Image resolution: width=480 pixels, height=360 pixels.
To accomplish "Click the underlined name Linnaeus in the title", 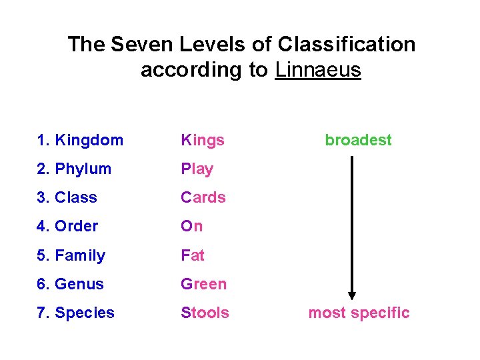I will (x=317, y=70).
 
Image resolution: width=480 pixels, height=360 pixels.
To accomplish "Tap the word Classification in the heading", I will (x=347, y=45).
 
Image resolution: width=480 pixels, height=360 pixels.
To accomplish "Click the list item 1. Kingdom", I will (x=81, y=140).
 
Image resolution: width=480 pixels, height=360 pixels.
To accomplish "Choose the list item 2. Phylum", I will (x=75, y=169).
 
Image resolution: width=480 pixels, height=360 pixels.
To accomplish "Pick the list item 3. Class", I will (x=67, y=197).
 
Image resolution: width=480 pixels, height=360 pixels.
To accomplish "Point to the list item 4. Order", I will (x=68, y=226).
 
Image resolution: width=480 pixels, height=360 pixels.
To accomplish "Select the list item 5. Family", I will (x=71, y=255).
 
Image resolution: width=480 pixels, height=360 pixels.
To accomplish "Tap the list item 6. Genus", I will (x=71, y=284).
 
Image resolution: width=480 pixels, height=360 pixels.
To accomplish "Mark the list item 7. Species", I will (x=76, y=313).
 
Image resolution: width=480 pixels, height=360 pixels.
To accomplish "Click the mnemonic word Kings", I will (x=203, y=140).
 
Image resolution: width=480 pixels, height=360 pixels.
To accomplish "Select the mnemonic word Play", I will (x=197, y=169).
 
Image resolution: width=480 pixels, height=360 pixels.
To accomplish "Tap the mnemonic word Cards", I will (x=203, y=197).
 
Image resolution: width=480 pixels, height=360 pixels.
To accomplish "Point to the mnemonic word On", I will (x=192, y=226).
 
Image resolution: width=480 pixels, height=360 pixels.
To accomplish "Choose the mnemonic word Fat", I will (x=193, y=255).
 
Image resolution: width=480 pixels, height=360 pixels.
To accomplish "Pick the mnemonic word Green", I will (x=204, y=284).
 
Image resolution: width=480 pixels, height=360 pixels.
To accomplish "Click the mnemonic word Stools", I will (x=205, y=313).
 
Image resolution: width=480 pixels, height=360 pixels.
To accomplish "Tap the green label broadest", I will (x=358, y=140).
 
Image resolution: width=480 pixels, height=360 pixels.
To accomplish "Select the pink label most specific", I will (x=359, y=313).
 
